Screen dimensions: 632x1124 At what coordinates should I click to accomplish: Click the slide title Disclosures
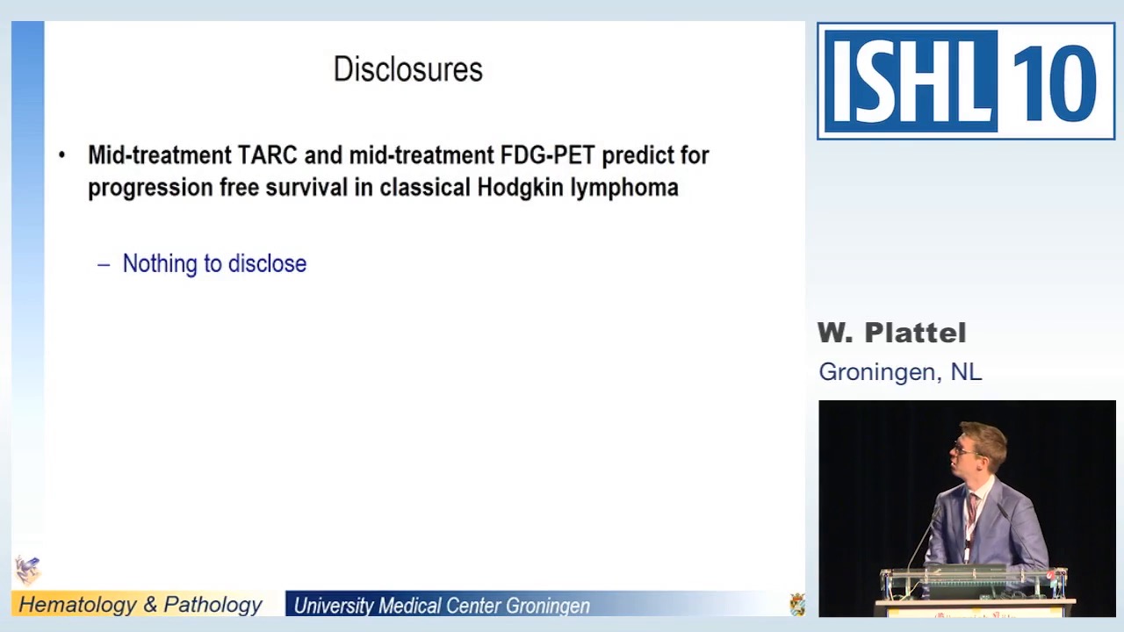tap(407, 69)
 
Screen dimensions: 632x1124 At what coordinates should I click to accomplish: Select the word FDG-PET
tap(547, 155)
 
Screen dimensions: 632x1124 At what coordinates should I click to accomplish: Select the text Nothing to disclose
tap(214, 263)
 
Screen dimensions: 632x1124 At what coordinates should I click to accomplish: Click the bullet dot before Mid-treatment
tap(61, 155)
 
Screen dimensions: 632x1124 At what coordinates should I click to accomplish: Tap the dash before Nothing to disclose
tap(104, 263)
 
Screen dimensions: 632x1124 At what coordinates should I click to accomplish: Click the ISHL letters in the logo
tap(910, 82)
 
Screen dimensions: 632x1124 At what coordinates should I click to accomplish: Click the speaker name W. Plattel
tap(891, 333)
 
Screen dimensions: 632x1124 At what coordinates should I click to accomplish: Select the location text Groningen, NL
tap(900, 371)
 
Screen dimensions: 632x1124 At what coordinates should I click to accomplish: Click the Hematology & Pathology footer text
tap(140, 605)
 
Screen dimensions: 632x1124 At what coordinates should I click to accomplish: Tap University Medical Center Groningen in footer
tap(442, 606)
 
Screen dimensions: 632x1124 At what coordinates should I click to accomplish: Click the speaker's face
tap(971, 450)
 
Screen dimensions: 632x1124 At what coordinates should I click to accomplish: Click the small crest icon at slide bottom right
tap(796, 604)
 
